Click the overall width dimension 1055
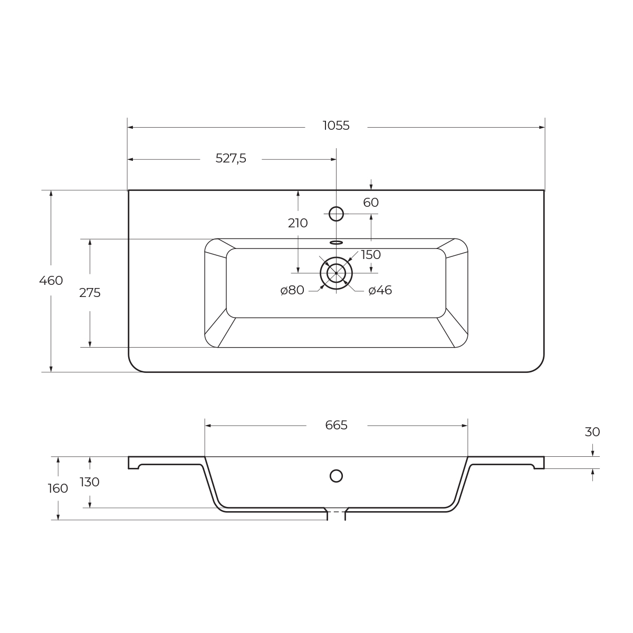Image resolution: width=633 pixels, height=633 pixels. click(x=336, y=126)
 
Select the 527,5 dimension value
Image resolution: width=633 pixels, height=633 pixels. click(x=231, y=158)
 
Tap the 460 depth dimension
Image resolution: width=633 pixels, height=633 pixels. click(x=51, y=281)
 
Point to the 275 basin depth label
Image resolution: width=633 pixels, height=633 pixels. click(x=90, y=293)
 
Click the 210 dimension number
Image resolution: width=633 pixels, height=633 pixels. click(x=298, y=223)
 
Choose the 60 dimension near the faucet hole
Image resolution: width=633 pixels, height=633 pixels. click(x=371, y=203)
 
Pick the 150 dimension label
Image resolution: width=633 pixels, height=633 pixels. click(x=371, y=255)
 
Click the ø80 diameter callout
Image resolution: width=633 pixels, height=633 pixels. click(x=292, y=290)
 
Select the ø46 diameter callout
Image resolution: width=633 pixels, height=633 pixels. click(x=380, y=290)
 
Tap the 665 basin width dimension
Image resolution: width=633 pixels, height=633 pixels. click(x=336, y=425)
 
